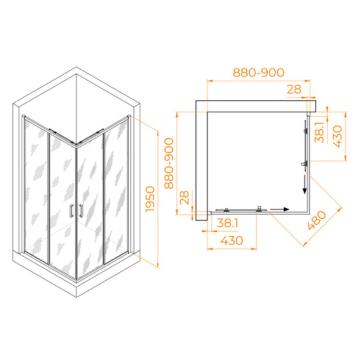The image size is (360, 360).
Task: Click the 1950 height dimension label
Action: (150, 199)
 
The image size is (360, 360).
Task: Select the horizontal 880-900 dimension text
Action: (258, 72)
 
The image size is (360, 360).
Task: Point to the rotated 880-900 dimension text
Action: (169, 163)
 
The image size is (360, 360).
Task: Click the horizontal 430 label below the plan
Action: (232, 240)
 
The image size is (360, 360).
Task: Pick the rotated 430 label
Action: (337, 136)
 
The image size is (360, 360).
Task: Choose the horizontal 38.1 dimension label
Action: (227, 222)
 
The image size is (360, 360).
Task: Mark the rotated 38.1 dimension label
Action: (319, 132)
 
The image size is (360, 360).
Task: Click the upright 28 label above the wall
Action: (294, 89)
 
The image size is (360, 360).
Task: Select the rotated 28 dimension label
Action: (185, 197)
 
